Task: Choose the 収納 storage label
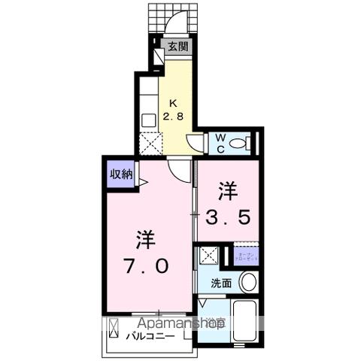(x=121, y=174)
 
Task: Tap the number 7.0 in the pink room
(x=147, y=266)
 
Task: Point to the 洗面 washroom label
(x=221, y=283)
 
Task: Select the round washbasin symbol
(x=248, y=282)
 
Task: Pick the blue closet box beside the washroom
(x=246, y=256)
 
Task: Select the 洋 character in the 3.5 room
(x=229, y=188)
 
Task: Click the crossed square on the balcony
(x=114, y=330)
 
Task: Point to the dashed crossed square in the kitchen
(x=150, y=142)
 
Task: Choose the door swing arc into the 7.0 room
(x=179, y=171)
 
